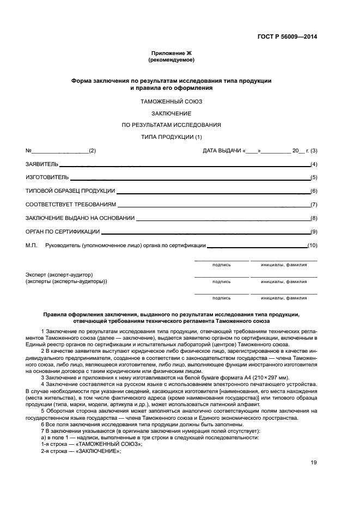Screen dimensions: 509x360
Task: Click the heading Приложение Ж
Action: (172, 53)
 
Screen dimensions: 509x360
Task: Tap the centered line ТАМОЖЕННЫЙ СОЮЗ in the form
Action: (172, 102)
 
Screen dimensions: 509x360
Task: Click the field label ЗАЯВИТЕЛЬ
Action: (42, 164)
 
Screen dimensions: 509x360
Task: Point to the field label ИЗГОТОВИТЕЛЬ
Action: (47, 177)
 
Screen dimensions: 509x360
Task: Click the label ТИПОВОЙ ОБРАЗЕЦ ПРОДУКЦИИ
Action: (70, 191)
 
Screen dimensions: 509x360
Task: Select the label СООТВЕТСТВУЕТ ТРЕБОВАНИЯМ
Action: (71, 205)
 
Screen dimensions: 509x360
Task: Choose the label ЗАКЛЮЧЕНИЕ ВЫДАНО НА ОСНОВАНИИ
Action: (80, 218)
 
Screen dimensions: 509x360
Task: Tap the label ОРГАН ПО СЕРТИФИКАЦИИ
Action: (62, 232)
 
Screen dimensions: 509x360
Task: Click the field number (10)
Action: (312, 246)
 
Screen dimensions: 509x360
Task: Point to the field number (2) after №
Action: (92, 150)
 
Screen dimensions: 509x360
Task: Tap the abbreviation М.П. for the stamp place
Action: (31, 246)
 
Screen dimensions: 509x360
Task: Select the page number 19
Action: (314, 463)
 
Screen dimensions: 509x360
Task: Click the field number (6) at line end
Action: (314, 191)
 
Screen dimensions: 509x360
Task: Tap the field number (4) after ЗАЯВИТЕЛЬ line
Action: (314, 164)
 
